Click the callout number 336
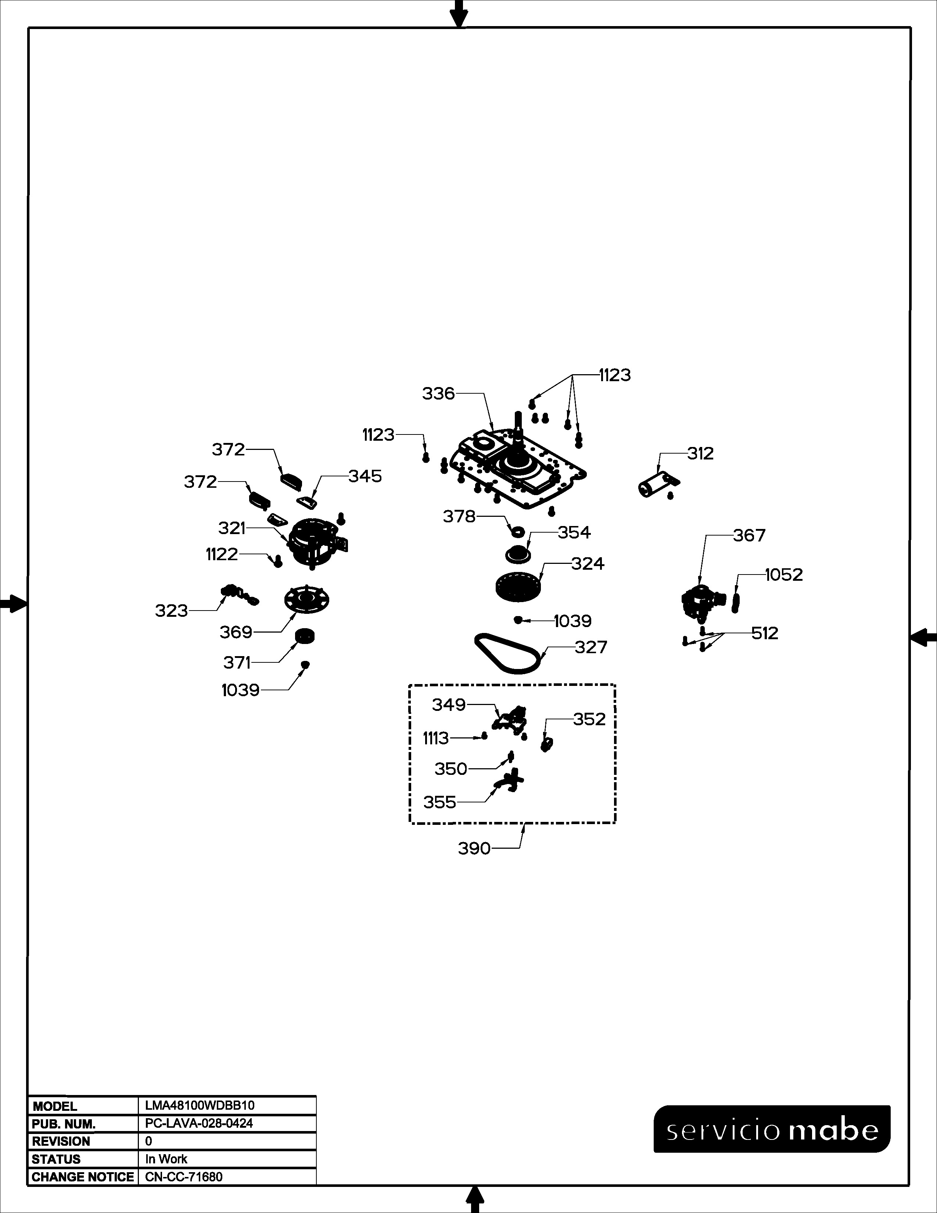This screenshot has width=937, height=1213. pyautogui.click(x=438, y=394)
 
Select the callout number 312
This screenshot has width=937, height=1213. pyautogui.click(x=700, y=454)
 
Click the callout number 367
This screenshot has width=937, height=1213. pyautogui.click(x=749, y=536)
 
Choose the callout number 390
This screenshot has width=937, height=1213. pyautogui.click(x=475, y=849)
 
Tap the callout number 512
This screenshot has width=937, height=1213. pyautogui.click(x=765, y=633)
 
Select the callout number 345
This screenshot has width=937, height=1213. pyautogui.click(x=365, y=476)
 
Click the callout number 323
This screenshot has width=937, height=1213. pyautogui.click(x=172, y=611)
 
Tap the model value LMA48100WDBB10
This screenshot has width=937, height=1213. pyautogui.click(x=200, y=1105)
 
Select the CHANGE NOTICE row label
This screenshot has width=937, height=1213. pyautogui.click(x=83, y=1177)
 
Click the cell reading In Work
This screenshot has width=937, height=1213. pyautogui.click(x=166, y=1159)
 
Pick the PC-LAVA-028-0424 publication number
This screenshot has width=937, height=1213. pyautogui.click(x=199, y=1123)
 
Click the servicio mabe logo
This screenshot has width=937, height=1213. pyautogui.click(x=772, y=1130)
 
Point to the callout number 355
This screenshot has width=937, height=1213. pyautogui.click(x=439, y=802)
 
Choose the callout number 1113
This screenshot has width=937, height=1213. pyautogui.click(x=436, y=739)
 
